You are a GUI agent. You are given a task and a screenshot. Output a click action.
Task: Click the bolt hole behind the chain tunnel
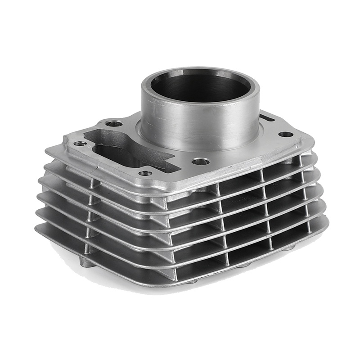point(113,123)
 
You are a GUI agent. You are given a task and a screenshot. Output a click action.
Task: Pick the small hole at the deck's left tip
point(80,144)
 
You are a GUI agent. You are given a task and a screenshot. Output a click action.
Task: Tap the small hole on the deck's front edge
point(145,173)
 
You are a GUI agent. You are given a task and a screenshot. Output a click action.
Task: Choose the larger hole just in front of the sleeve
point(201,161)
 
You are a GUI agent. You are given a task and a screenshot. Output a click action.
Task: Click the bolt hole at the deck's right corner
point(285,134)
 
